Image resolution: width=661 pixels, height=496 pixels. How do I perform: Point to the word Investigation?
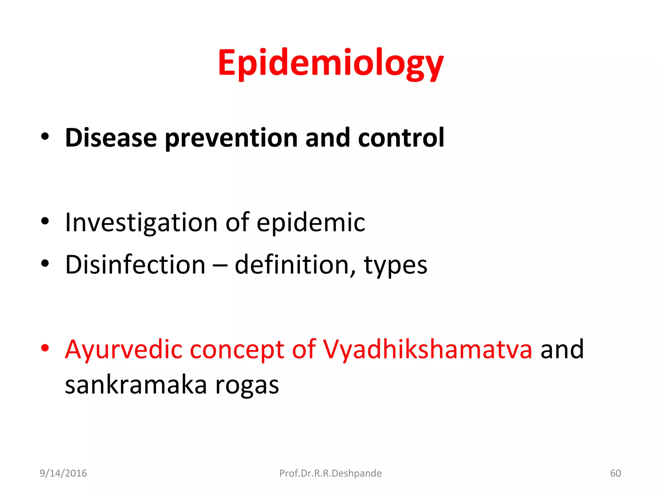coord(141,223)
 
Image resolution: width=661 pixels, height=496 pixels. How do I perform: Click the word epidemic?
coord(311,223)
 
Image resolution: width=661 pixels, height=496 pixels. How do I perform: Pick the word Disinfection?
coord(135,265)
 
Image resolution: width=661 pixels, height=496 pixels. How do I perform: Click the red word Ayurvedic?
coord(124,350)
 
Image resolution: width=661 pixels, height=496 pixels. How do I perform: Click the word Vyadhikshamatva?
coord(428,350)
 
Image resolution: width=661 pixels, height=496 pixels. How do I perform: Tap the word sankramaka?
coord(136,385)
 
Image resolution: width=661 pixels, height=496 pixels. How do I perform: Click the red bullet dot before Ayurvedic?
coord(45,348)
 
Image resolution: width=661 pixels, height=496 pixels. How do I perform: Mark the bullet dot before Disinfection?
coord(45,263)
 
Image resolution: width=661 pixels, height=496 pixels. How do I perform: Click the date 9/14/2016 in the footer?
coord(63,473)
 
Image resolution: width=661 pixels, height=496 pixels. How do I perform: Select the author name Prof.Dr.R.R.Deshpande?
coord(330,473)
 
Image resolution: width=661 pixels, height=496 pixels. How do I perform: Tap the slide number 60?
coord(615,473)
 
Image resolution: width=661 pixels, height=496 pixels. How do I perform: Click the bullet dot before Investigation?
coord(45,221)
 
